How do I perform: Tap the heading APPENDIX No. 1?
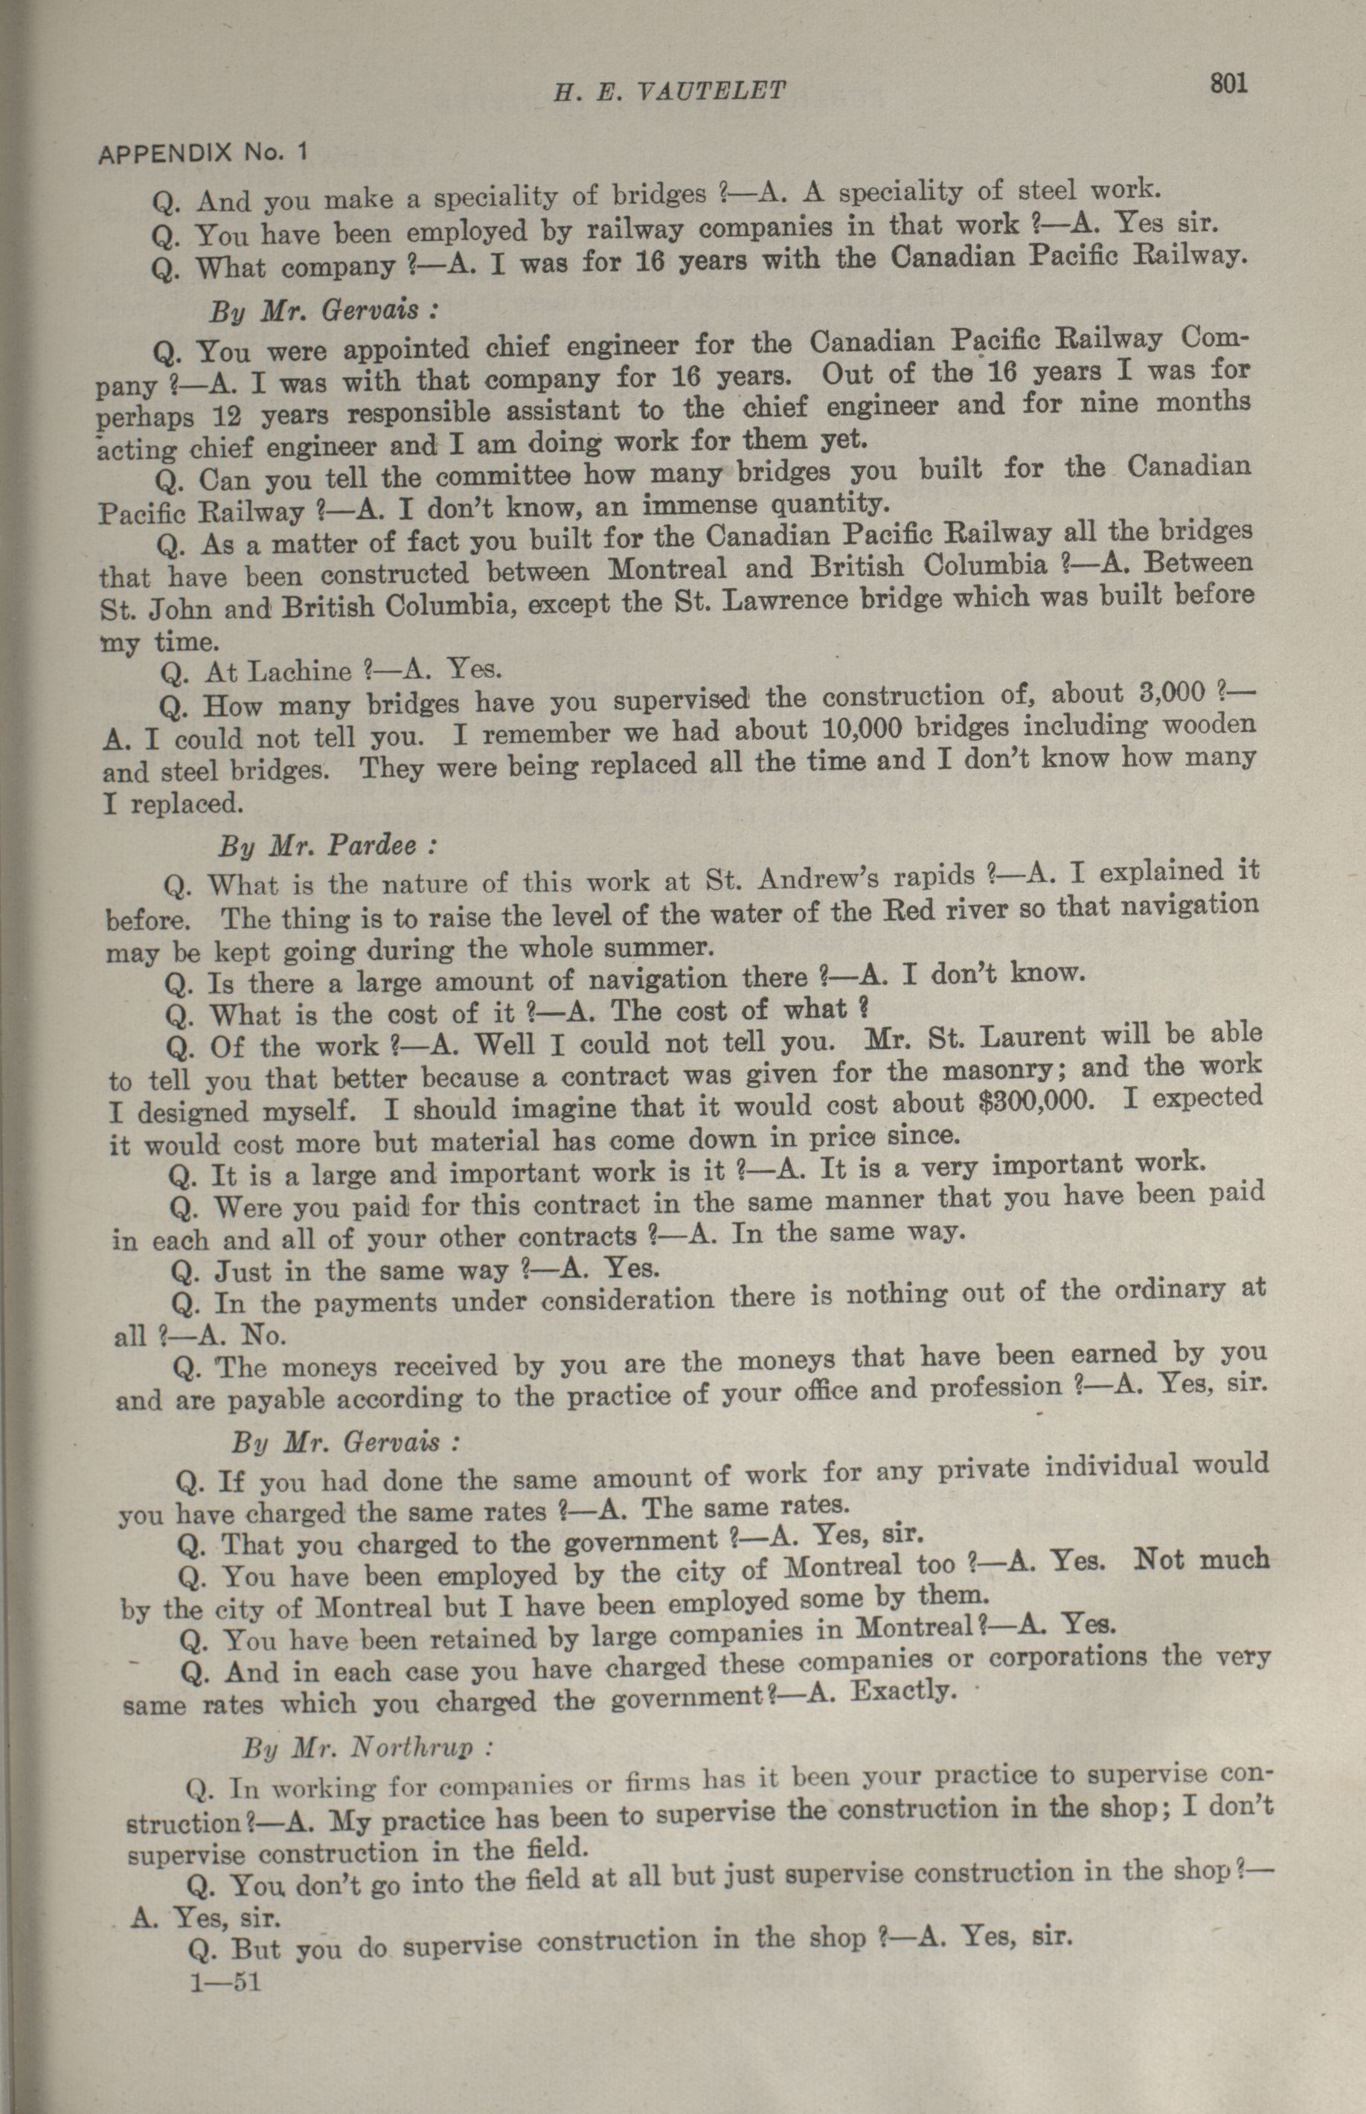(202, 153)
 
